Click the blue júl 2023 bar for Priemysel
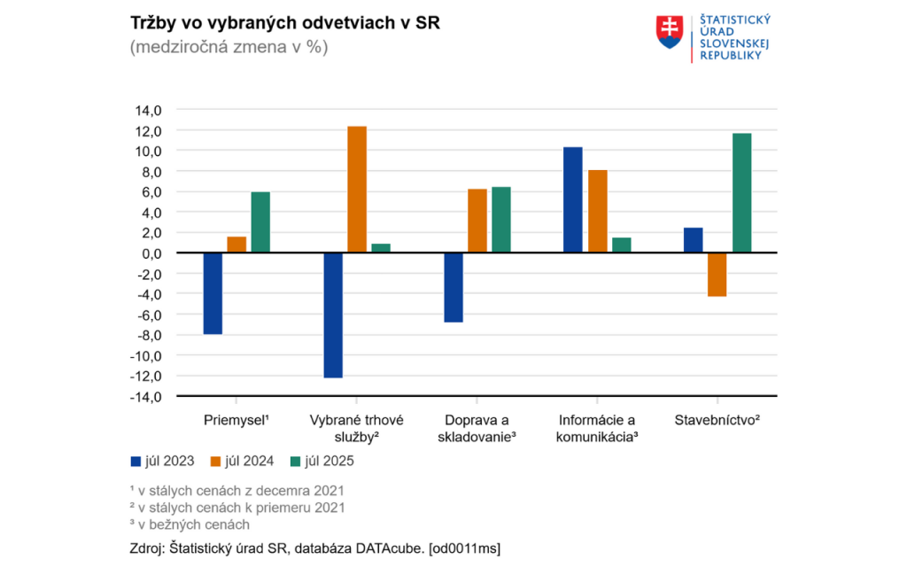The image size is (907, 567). click(x=213, y=293)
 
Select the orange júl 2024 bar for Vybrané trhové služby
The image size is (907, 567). click(x=357, y=190)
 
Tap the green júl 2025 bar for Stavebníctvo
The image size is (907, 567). click(x=741, y=193)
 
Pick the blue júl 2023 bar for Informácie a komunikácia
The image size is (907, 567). click(x=573, y=200)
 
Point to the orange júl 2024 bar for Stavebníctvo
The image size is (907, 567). click(x=717, y=275)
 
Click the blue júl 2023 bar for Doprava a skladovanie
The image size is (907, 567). click(x=453, y=287)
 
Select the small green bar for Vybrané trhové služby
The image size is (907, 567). click(x=381, y=248)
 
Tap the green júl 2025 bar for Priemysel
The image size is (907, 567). click(x=260, y=222)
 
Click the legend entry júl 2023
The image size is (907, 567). click(x=162, y=461)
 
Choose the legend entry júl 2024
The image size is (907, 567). click(x=242, y=461)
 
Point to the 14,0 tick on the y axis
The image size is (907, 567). click(x=149, y=110)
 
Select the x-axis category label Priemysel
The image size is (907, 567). click(x=236, y=420)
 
